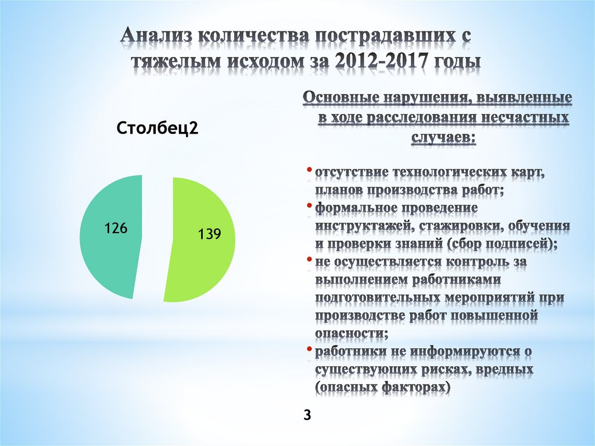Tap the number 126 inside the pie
116,228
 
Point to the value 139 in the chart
209,234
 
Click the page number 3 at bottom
307,415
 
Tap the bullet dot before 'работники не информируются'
310,349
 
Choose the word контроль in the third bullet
470,262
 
